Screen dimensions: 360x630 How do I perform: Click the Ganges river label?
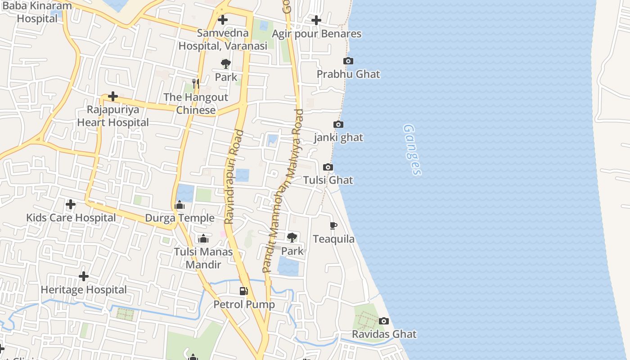click(x=412, y=150)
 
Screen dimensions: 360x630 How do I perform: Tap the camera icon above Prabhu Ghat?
click(x=348, y=61)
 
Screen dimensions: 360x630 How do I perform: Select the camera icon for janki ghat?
click(x=338, y=125)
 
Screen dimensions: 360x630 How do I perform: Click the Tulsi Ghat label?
click(x=328, y=180)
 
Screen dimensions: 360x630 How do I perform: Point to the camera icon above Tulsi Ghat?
click(x=328, y=167)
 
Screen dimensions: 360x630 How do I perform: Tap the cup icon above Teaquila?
click(x=333, y=226)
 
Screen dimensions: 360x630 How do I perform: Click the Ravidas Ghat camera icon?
click(x=384, y=321)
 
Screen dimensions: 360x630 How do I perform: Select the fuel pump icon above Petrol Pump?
click(x=243, y=291)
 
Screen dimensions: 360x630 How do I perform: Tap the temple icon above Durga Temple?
click(x=180, y=206)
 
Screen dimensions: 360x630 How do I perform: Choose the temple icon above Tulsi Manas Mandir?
click(x=203, y=238)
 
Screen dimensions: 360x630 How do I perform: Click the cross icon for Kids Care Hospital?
click(x=71, y=205)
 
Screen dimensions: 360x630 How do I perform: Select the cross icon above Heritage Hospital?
click(x=84, y=276)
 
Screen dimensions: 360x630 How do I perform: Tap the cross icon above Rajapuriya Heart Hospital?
click(x=112, y=96)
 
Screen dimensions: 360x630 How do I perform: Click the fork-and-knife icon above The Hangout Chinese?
click(x=196, y=84)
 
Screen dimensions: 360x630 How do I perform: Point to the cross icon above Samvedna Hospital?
click(x=222, y=20)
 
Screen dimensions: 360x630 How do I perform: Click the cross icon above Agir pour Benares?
click(x=316, y=20)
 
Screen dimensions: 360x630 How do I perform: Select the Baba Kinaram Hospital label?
click(x=37, y=12)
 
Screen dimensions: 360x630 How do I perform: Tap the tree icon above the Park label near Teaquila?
click(x=292, y=237)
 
